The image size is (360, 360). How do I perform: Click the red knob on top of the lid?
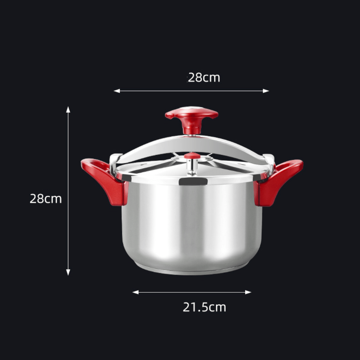pos(192,119)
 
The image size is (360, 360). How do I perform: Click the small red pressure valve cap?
pos(192,156)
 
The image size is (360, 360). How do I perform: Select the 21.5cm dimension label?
pos(204,307)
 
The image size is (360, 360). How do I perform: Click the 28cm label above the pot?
pos(204,78)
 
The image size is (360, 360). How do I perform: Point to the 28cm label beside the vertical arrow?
pos(46,199)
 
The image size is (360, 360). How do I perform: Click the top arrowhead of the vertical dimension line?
pos(68,109)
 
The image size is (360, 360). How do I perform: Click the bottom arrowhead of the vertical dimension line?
pos(68,272)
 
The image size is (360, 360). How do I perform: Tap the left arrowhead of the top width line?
pos(117,91)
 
